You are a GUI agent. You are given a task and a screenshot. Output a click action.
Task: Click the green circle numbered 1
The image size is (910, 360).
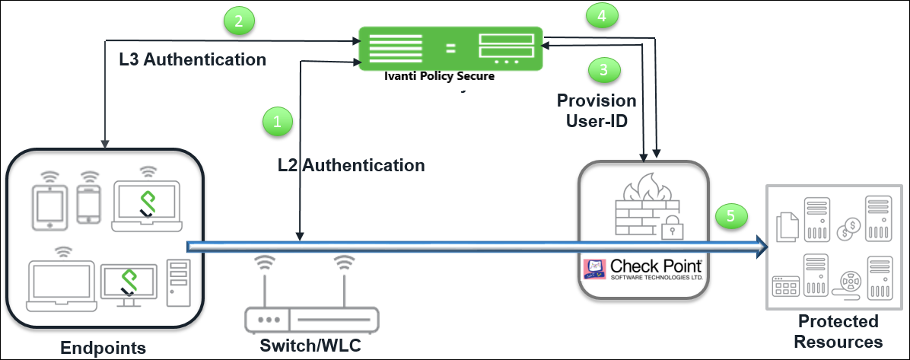coord(277,121)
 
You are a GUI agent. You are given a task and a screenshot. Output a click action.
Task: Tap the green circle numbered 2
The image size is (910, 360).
coord(238,21)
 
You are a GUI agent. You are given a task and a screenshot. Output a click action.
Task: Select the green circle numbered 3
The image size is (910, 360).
coord(604,70)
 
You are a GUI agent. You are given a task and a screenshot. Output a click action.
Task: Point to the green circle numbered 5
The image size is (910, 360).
coord(731,216)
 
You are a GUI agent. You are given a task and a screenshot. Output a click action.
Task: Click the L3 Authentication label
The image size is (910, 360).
coord(192,59)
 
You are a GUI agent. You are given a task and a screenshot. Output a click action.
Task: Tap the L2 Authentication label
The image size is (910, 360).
coord(351,164)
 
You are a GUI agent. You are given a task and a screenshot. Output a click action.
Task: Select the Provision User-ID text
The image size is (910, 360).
coord(597,110)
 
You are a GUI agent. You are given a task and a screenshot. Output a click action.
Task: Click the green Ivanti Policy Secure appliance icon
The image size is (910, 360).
coord(450,49)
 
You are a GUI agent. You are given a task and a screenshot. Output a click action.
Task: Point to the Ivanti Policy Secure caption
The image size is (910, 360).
coord(440,76)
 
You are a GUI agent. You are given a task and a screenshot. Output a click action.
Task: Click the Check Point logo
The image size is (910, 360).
coord(643,269)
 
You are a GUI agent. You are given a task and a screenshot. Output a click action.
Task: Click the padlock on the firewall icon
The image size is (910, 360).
coord(670,226)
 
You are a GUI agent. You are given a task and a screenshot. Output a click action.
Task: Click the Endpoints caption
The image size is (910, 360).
coord(103,348)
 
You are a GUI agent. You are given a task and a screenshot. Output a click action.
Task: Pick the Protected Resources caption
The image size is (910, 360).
coord(838,331)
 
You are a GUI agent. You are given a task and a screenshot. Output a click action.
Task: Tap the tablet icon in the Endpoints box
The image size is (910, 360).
coord(49,204)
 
